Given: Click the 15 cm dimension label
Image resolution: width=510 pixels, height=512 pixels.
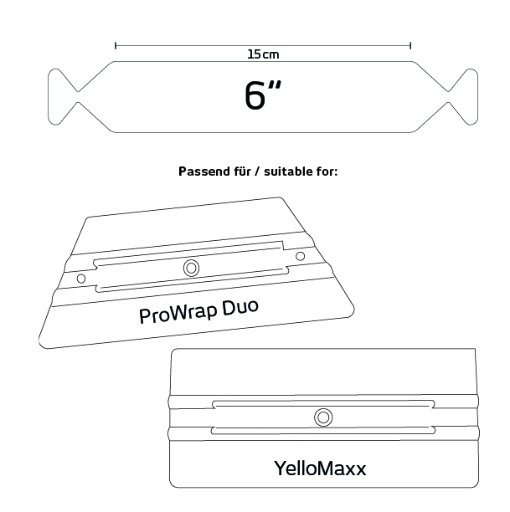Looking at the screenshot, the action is [263, 54].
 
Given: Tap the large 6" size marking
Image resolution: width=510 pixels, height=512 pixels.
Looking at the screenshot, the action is [262, 95].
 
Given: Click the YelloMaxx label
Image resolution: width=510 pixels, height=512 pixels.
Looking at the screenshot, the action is [320, 468].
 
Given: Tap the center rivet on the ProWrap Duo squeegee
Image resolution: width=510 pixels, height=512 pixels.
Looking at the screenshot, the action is [191, 268].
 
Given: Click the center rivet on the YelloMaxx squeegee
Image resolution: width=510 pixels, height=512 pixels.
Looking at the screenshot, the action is [323, 417].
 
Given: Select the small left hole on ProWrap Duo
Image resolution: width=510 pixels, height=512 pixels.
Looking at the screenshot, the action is [81, 279].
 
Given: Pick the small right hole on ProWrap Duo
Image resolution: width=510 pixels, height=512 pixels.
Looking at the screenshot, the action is [300, 256].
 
